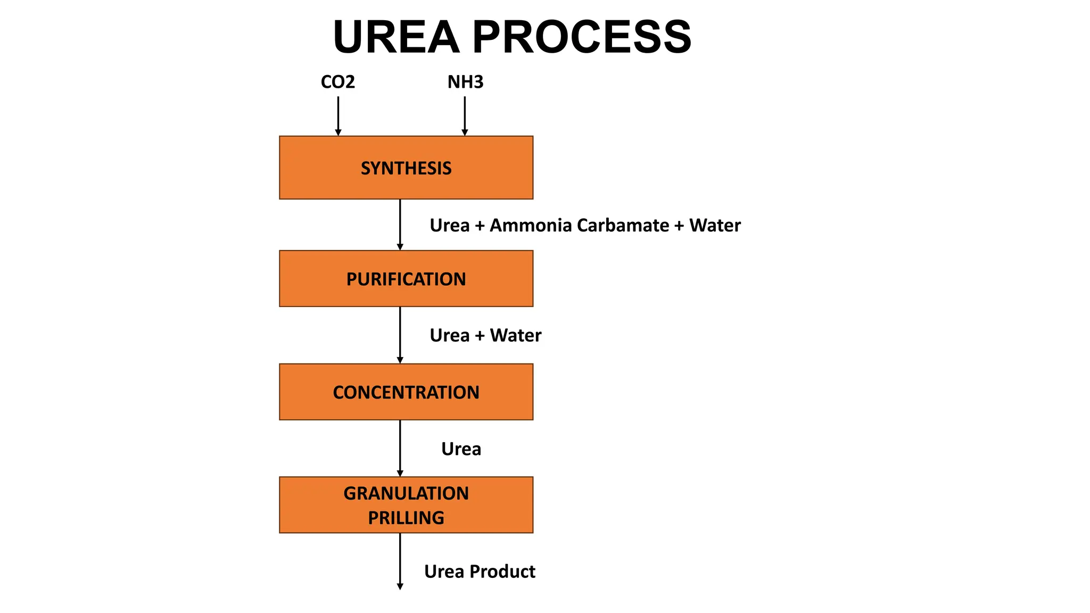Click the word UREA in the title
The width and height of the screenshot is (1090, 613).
pos(396,37)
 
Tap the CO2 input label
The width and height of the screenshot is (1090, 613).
pos(337,82)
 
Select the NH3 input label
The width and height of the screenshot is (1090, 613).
pos(465,82)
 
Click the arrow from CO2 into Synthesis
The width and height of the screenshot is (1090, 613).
pos(338,115)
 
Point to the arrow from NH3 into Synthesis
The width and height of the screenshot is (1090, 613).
pos(465,115)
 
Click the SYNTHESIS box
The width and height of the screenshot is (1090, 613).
pos(406,168)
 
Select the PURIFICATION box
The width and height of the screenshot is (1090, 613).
pos(406,278)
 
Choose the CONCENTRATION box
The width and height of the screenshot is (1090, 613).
pos(406,392)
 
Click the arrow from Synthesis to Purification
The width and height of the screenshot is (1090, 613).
pos(400,225)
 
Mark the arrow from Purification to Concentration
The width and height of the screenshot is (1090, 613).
pos(400,335)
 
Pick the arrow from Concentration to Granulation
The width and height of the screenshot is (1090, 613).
pos(400,448)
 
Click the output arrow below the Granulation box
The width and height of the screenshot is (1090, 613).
pos(400,561)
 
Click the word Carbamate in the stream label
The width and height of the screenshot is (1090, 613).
pos(623,226)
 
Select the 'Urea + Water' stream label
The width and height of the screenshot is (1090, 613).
pos(485,335)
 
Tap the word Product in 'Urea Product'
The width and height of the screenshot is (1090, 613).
pos(502,571)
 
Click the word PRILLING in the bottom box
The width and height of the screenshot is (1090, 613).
pos(406,518)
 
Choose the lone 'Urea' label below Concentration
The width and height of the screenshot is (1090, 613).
pos(461,449)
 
